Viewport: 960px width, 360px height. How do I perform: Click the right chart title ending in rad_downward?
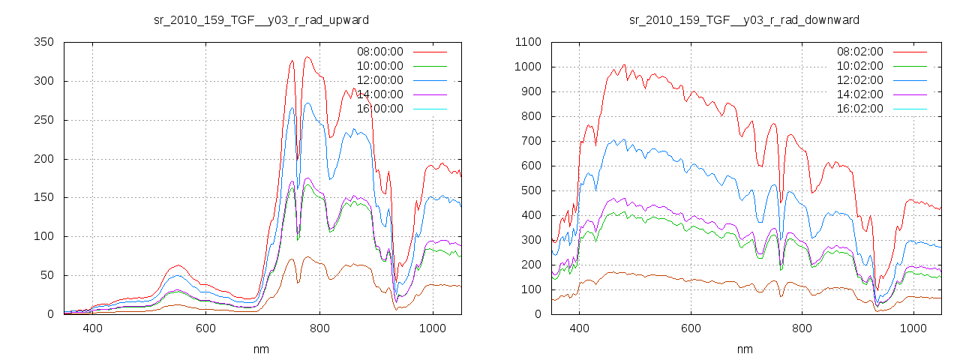(x=744, y=19)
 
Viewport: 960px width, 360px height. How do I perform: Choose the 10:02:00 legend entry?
(x=859, y=66)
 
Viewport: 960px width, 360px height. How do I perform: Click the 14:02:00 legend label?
(x=859, y=94)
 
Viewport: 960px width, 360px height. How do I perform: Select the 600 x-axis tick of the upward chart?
(x=206, y=328)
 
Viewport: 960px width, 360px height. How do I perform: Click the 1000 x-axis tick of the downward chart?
(x=913, y=328)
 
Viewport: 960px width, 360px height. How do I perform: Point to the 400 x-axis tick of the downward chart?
(x=579, y=328)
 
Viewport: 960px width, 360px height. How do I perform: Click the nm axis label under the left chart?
(x=262, y=349)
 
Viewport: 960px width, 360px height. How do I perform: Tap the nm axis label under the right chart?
(x=745, y=349)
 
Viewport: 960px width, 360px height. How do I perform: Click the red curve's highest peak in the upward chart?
(x=307, y=57)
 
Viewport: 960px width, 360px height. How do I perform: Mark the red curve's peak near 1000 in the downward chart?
(x=623, y=65)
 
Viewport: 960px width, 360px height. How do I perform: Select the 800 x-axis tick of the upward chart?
(x=319, y=328)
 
